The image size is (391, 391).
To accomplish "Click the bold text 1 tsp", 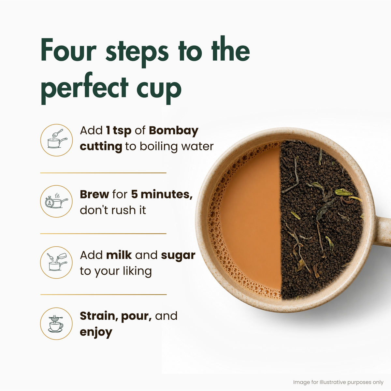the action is click(x=119, y=131).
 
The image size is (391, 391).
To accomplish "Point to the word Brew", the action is click(x=94, y=195).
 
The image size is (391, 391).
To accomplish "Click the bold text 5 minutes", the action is click(x=162, y=195).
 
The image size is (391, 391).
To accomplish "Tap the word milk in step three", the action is click(x=119, y=255).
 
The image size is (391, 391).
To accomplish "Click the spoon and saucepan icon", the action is click(x=56, y=140).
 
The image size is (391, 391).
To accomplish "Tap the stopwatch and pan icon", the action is click(x=56, y=201).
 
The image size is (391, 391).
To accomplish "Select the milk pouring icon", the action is click(x=56, y=262).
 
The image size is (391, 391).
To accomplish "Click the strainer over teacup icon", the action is click(x=56, y=324).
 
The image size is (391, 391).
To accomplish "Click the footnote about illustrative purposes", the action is click(x=338, y=383).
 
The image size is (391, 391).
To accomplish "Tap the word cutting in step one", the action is click(x=101, y=147).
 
